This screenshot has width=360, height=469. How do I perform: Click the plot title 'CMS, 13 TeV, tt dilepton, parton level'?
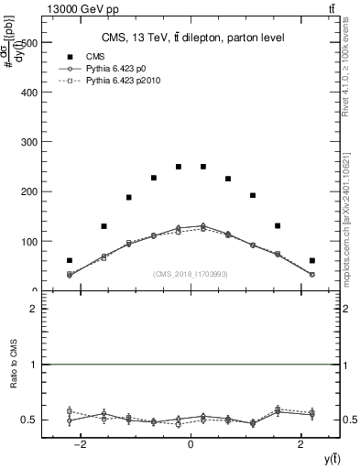[191, 37]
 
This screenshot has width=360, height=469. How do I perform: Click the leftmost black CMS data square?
[70, 260]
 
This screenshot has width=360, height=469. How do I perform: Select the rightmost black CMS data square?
[311, 260]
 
